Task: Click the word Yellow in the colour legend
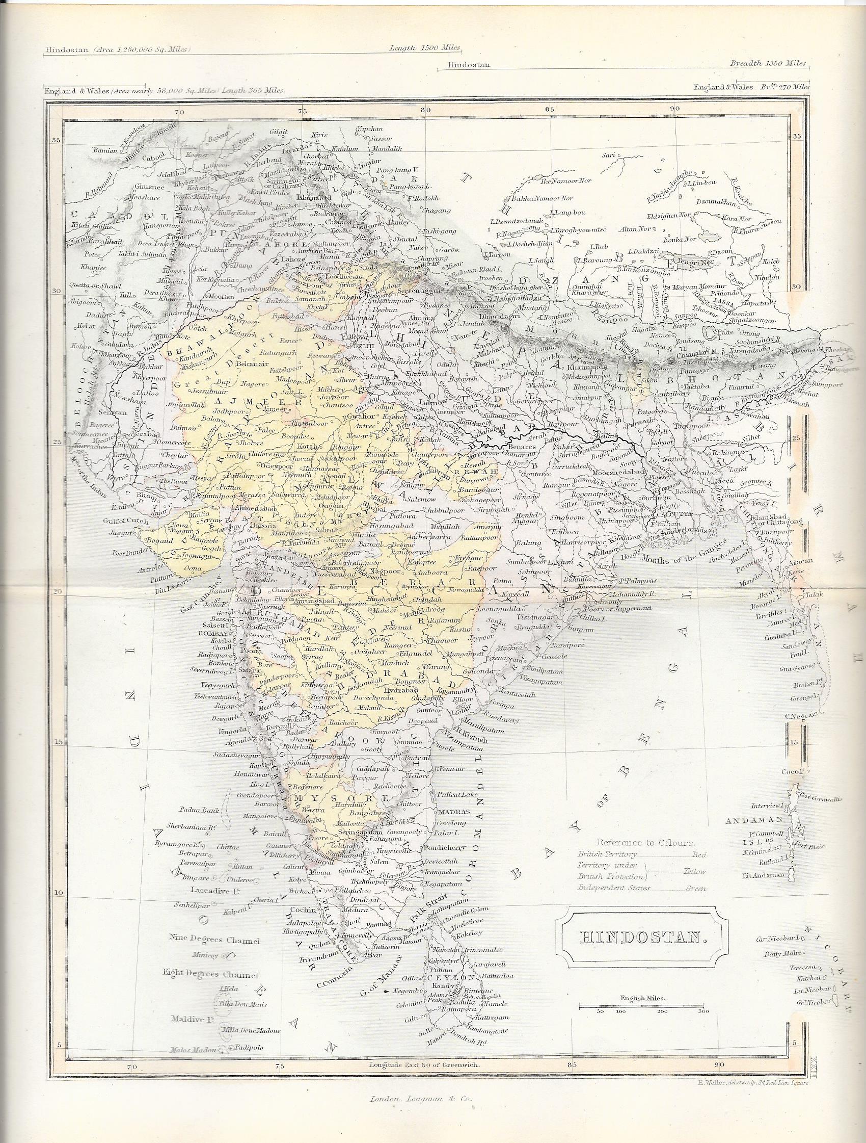(695, 871)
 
